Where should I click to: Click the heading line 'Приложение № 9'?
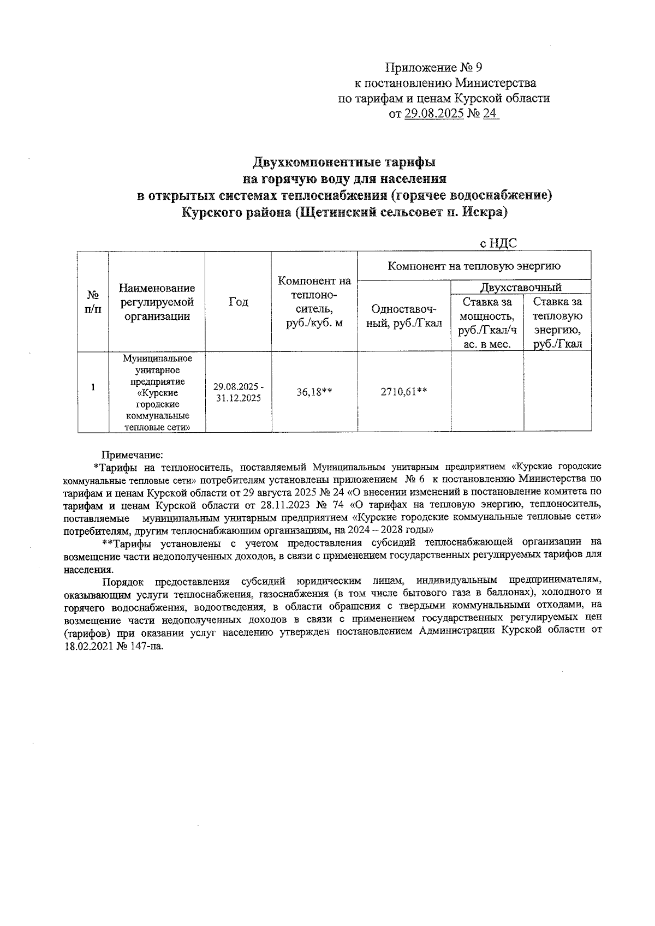tap(434, 68)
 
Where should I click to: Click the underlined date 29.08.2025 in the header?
tap(434, 114)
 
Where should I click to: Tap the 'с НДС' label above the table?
tap(498, 244)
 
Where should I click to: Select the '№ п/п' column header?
tap(93, 301)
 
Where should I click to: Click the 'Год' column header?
tap(238, 302)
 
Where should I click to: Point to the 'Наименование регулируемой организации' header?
tap(157, 302)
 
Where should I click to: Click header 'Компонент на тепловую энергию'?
tap(474, 266)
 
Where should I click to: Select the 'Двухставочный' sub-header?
tap(521, 288)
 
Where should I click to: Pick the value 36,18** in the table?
tap(314, 391)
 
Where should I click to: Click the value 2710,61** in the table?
tap(404, 391)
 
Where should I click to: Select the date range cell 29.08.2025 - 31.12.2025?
tap(238, 392)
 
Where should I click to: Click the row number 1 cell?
tap(93, 387)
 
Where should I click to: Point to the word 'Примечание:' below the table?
tap(132, 455)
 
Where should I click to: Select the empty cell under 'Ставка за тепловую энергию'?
tap(557, 391)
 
